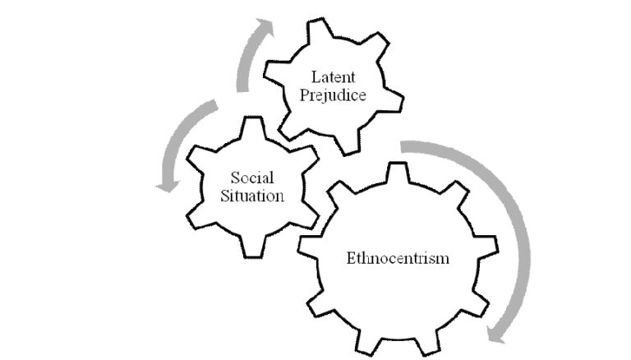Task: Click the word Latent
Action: [334, 77]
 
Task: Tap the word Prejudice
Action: [333, 95]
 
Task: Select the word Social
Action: [252, 178]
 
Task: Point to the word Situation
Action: [252, 196]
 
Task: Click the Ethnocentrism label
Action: [398, 258]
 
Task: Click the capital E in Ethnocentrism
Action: [352, 258]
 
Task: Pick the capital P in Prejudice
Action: [305, 95]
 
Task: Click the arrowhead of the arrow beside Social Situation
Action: [168, 187]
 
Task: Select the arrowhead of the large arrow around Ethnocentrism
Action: [495, 335]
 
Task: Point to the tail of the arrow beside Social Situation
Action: [214, 104]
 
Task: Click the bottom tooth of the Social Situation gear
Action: [253, 247]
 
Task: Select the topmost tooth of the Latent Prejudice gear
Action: [319, 29]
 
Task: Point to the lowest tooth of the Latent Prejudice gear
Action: [349, 144]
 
